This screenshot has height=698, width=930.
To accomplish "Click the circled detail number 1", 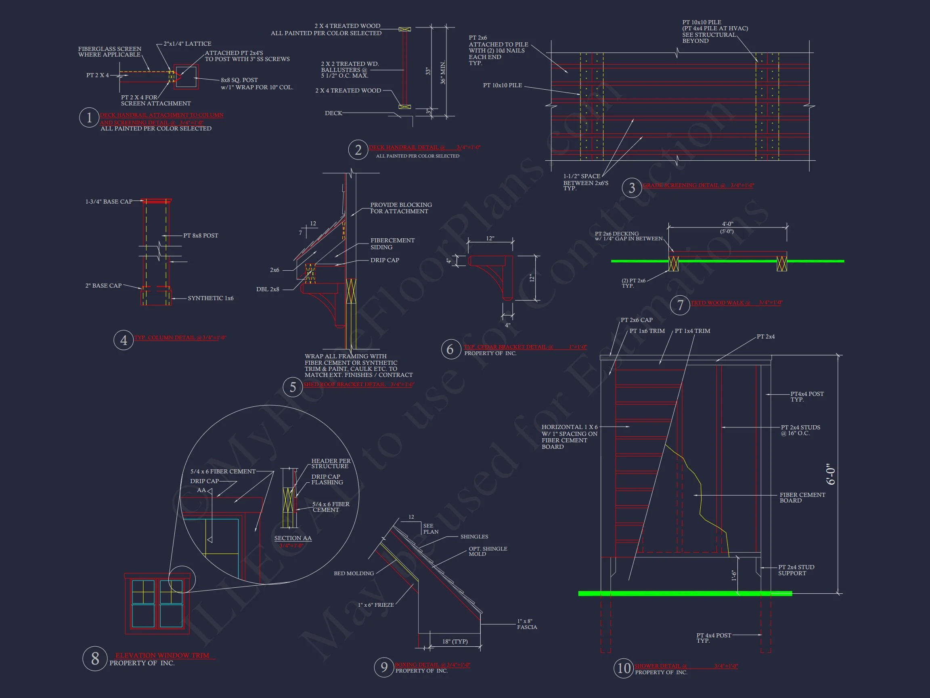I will click(x=89, y=118).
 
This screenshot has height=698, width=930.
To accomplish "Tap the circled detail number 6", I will click(x=450, y=349).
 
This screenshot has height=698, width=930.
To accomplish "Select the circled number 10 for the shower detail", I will click(x=624, y=668).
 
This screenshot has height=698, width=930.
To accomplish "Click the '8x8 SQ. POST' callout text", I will click(x=239, y=80).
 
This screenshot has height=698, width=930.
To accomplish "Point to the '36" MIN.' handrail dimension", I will click(x=443, y=73).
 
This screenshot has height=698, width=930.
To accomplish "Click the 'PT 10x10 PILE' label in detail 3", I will click(x=503, y=85).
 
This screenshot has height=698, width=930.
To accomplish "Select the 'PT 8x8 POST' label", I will click(x=201, y=235).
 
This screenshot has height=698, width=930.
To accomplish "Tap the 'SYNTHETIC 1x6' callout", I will click(x=210, y=298).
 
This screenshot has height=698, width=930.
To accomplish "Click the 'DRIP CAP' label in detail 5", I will click(x=385, y=260).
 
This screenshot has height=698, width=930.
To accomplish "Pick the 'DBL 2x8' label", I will click(x=267, y=290).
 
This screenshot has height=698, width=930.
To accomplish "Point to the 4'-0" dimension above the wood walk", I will click(x=727, y=224).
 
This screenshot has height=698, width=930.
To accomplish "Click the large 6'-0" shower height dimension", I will click(x=830, y=474).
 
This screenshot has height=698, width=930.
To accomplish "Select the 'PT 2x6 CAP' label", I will click(x=637, y=320).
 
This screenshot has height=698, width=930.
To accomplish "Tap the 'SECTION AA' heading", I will click(x=293, y=538).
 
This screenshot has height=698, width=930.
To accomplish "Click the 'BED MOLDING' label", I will click(x=354, y=574).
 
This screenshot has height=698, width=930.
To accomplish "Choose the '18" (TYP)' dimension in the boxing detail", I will click(x=455, y=641).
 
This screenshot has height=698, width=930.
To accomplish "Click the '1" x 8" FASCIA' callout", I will click(x=527, y=624).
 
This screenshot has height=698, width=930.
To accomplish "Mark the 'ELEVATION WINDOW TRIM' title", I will click(x=162, y=656).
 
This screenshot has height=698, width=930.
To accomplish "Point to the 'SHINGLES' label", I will click(x=474, y=537).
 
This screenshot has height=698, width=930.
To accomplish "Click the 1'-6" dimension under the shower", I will click(x=734, y=576).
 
